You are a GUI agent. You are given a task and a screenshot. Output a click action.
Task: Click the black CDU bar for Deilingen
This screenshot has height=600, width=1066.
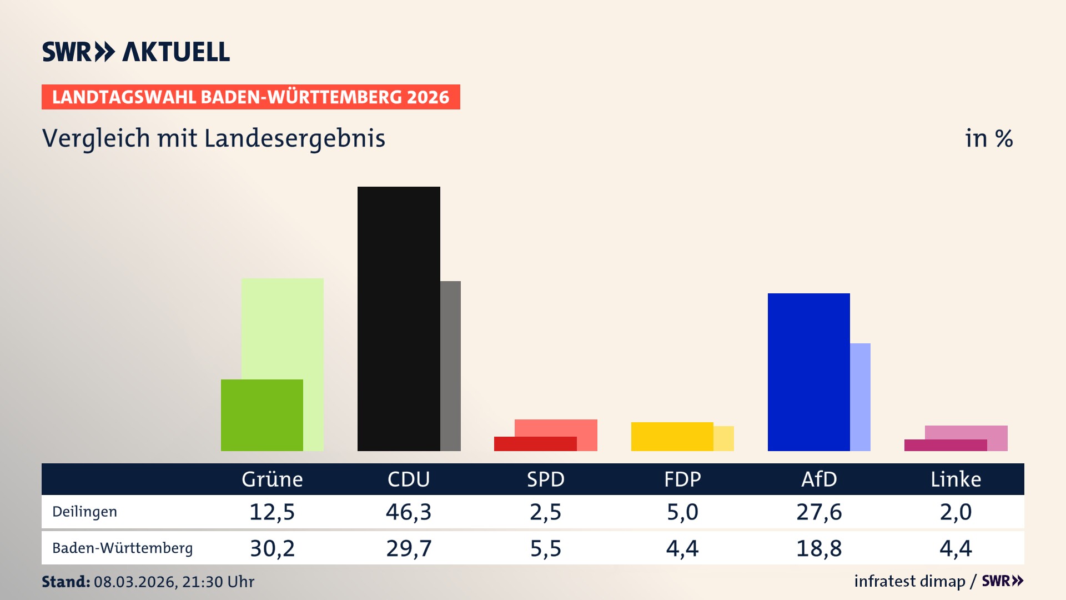pyautogui.click(x=399, y=318)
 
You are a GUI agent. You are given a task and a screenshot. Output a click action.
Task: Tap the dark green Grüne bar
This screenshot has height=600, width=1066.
pyautogui.click(x=262, y=415)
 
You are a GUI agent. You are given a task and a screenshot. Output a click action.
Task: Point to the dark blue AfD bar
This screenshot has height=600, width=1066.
pyautogui.click(x=808, y=372)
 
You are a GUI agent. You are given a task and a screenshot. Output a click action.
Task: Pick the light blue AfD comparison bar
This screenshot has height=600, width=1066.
pyautogui.click(x=860, y=397)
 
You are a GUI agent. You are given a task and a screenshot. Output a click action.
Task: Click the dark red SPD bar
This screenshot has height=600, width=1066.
pyautogui.click(x=535, y=444)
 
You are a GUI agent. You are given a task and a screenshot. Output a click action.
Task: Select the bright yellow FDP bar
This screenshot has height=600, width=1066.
pyautogui.click(x=672, y=436)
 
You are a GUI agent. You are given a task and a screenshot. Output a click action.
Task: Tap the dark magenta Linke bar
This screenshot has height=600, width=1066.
pyautogui.click(x=945, y=445)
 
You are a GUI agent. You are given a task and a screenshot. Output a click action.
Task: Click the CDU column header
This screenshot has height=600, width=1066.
pyautogui.click(x=409, y=479)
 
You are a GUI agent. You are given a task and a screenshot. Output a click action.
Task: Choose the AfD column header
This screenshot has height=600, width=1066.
pyautogui.click(x=819, y=479)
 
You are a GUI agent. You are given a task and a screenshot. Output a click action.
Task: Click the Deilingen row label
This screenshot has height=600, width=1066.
pyautogui.click(x=84, y=512)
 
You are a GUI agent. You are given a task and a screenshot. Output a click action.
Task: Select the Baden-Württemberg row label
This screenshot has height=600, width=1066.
pyautogui.click(x=122, y=548)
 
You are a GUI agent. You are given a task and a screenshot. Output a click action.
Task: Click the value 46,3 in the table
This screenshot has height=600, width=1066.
pyautogui.click(x=409, y=512)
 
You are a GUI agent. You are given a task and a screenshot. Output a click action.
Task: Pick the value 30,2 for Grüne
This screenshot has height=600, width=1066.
pyautogui.click(x=272, y=548)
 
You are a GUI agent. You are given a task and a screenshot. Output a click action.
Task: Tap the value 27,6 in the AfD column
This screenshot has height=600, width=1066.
pyautogui.click(x=819, y=512)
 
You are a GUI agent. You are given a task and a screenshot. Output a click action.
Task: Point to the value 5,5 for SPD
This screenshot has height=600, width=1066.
pyautogui.click(x=545, y=548)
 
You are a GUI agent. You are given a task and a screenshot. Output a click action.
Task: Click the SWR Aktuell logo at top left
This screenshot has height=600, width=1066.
pyautogui.click(x=135, y=52)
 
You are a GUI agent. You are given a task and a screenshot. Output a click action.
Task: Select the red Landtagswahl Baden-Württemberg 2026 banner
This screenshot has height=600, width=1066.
pyautogui.click(x=250, y=97)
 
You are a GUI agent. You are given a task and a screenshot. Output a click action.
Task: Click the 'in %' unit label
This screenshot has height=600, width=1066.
pyautogui.click(x=988, y=138)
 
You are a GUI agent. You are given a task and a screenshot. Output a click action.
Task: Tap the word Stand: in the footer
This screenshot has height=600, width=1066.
pyautogui.click(x=66, y=582)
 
